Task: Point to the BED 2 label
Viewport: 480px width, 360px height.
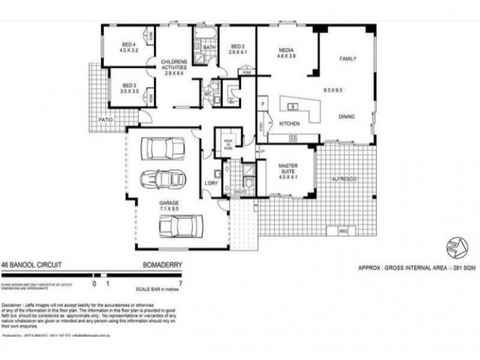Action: pyautogui.click(x=238, y=46)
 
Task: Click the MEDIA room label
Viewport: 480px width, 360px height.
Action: pyautogui.click(x=285, y=50)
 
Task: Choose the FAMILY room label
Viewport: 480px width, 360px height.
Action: pyautogui.click(x=348, y=59)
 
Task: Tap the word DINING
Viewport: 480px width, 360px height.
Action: pyautogui.click(x=347, y=117)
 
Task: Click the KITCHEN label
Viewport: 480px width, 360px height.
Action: pyautogui.click(x=290, y=124)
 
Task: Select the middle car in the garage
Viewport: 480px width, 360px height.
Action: pyautogui.click(x=162, y=178)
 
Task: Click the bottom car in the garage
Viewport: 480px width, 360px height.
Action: pyautogui.click(x=177, y=226)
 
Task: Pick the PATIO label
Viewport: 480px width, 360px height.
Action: pyautogui.click(x=107, y=120)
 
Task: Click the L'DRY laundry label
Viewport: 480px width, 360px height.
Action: pyautogui.click(x=211, y=182)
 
